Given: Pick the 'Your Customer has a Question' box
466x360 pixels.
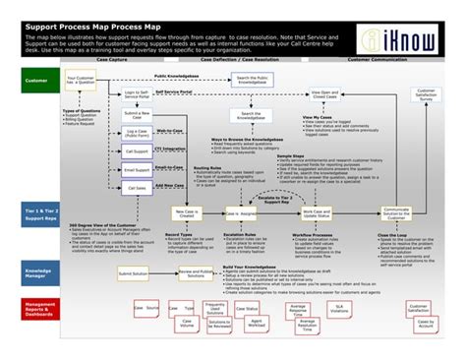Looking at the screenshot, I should click(x=81, y=81).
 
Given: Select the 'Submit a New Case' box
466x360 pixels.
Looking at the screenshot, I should click(x=137, y=116).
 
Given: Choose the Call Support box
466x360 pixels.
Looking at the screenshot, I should click(x=137, y=151).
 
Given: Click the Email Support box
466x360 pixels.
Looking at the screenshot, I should click(x=137, y=170).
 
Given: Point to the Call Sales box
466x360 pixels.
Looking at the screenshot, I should click(x=137, y=188).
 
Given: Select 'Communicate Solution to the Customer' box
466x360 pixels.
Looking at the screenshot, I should click(x=396, y=213).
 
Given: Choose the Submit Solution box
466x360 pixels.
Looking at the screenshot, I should click(x=135, y=273).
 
